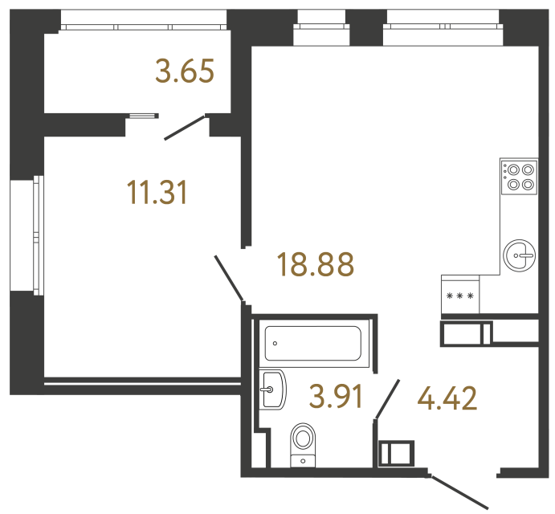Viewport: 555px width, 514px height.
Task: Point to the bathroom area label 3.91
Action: pos(337,396)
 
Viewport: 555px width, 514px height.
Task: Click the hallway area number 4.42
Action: pos(448,397)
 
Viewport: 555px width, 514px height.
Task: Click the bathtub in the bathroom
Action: pos(314,344)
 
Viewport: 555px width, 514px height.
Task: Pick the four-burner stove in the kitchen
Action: pos(519,176)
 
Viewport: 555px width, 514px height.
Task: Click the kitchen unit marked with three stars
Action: pos(460,296)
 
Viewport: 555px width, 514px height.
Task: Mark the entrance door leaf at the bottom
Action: pos(460,491)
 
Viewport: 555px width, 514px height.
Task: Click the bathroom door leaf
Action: pos(387,399)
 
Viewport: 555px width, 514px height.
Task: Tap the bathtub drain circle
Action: pos(275,343)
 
